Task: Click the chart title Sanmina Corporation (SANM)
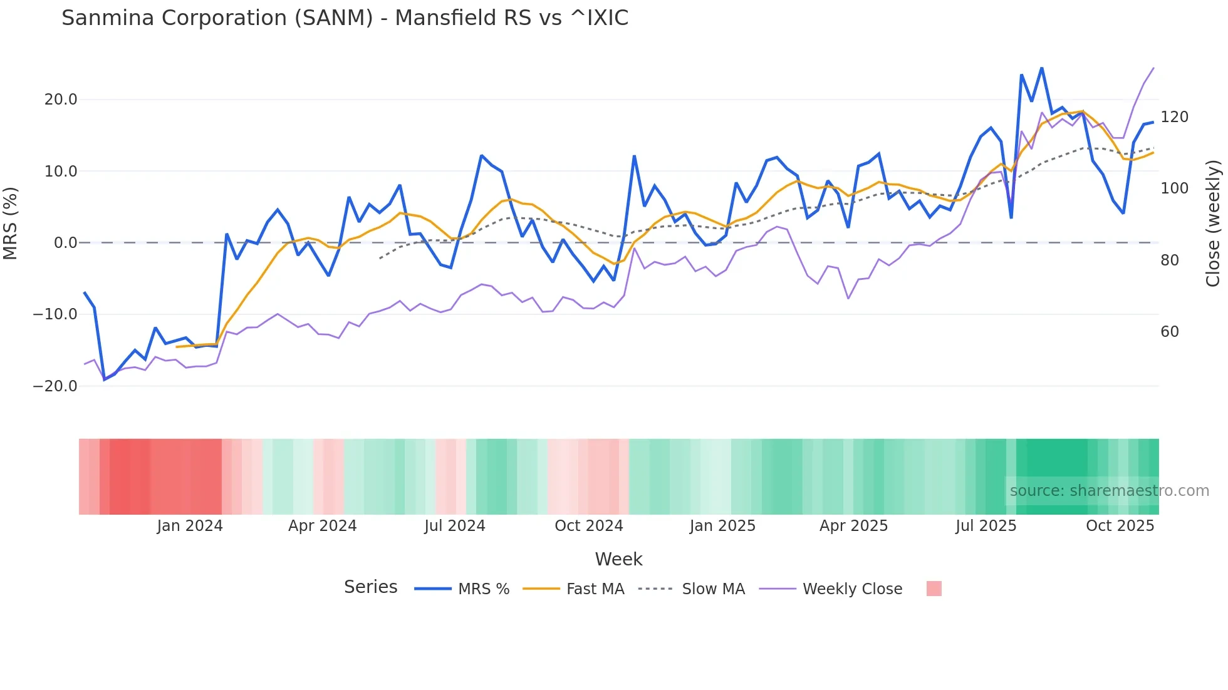(345, 18)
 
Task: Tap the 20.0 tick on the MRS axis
(61, 100)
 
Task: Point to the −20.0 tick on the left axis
(55, 386)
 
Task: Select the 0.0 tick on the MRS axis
(65, 243)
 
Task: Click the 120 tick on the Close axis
(1174, 117)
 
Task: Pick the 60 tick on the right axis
(1170, 332)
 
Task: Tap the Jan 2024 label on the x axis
(190, 526)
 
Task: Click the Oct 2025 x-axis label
(1120, 526)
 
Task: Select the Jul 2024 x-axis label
(455, 526)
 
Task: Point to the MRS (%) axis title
(11, 224)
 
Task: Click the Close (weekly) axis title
(1213, 224)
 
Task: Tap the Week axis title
(618, 559)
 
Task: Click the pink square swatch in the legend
(934, 589)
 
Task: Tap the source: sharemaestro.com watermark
(1109, 491)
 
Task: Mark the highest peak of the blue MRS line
(1042, 68)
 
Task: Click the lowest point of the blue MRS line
(105, 379)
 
